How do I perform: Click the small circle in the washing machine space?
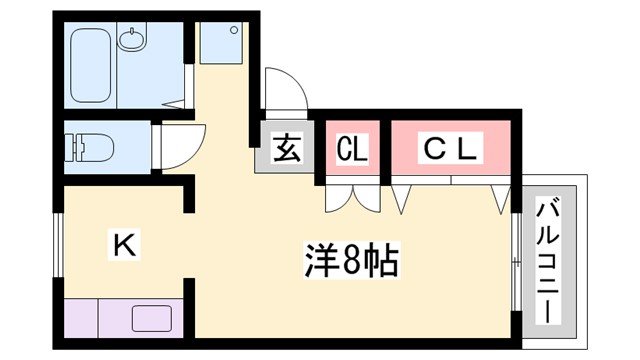point(232,30)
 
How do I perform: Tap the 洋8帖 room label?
point(351,263)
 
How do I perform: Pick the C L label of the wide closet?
point(452,149)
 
